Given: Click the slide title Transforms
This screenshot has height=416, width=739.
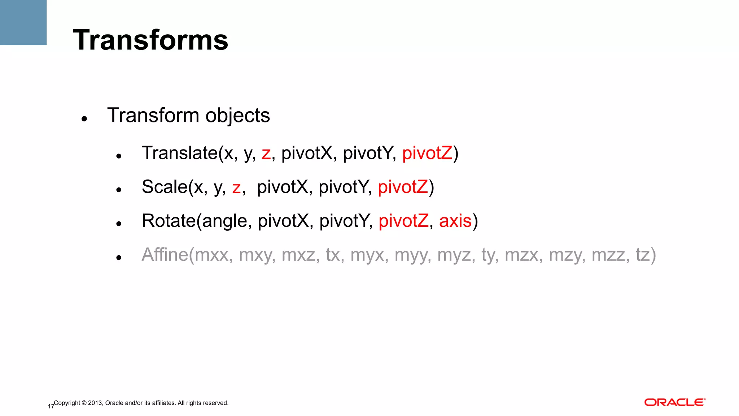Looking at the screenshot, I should [x=150, y=40].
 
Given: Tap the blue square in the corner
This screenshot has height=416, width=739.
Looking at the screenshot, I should [x=23, y=22].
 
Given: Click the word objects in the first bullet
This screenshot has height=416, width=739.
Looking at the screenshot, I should [x=237, y=116].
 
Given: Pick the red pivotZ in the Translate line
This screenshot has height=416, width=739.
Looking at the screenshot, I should [x=427, y=153].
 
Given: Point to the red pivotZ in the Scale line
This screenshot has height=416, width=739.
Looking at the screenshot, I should [x=403, y=187].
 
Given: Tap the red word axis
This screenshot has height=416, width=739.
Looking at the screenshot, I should [x=455, y=221].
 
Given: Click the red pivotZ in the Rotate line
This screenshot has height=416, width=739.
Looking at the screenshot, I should [x=403, y=221].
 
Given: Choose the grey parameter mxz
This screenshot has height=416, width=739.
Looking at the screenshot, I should [x=300, y=255].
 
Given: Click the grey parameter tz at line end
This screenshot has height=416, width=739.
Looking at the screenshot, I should [x=643, y=255].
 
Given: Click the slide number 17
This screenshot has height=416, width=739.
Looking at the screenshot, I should [x=51, y=407].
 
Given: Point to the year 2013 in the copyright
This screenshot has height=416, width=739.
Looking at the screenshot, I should [x=95, y=403].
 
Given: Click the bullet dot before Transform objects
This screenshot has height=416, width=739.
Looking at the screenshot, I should [x=84, y=118].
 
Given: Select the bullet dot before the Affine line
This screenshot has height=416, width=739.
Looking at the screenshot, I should [x=119, y=257].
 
